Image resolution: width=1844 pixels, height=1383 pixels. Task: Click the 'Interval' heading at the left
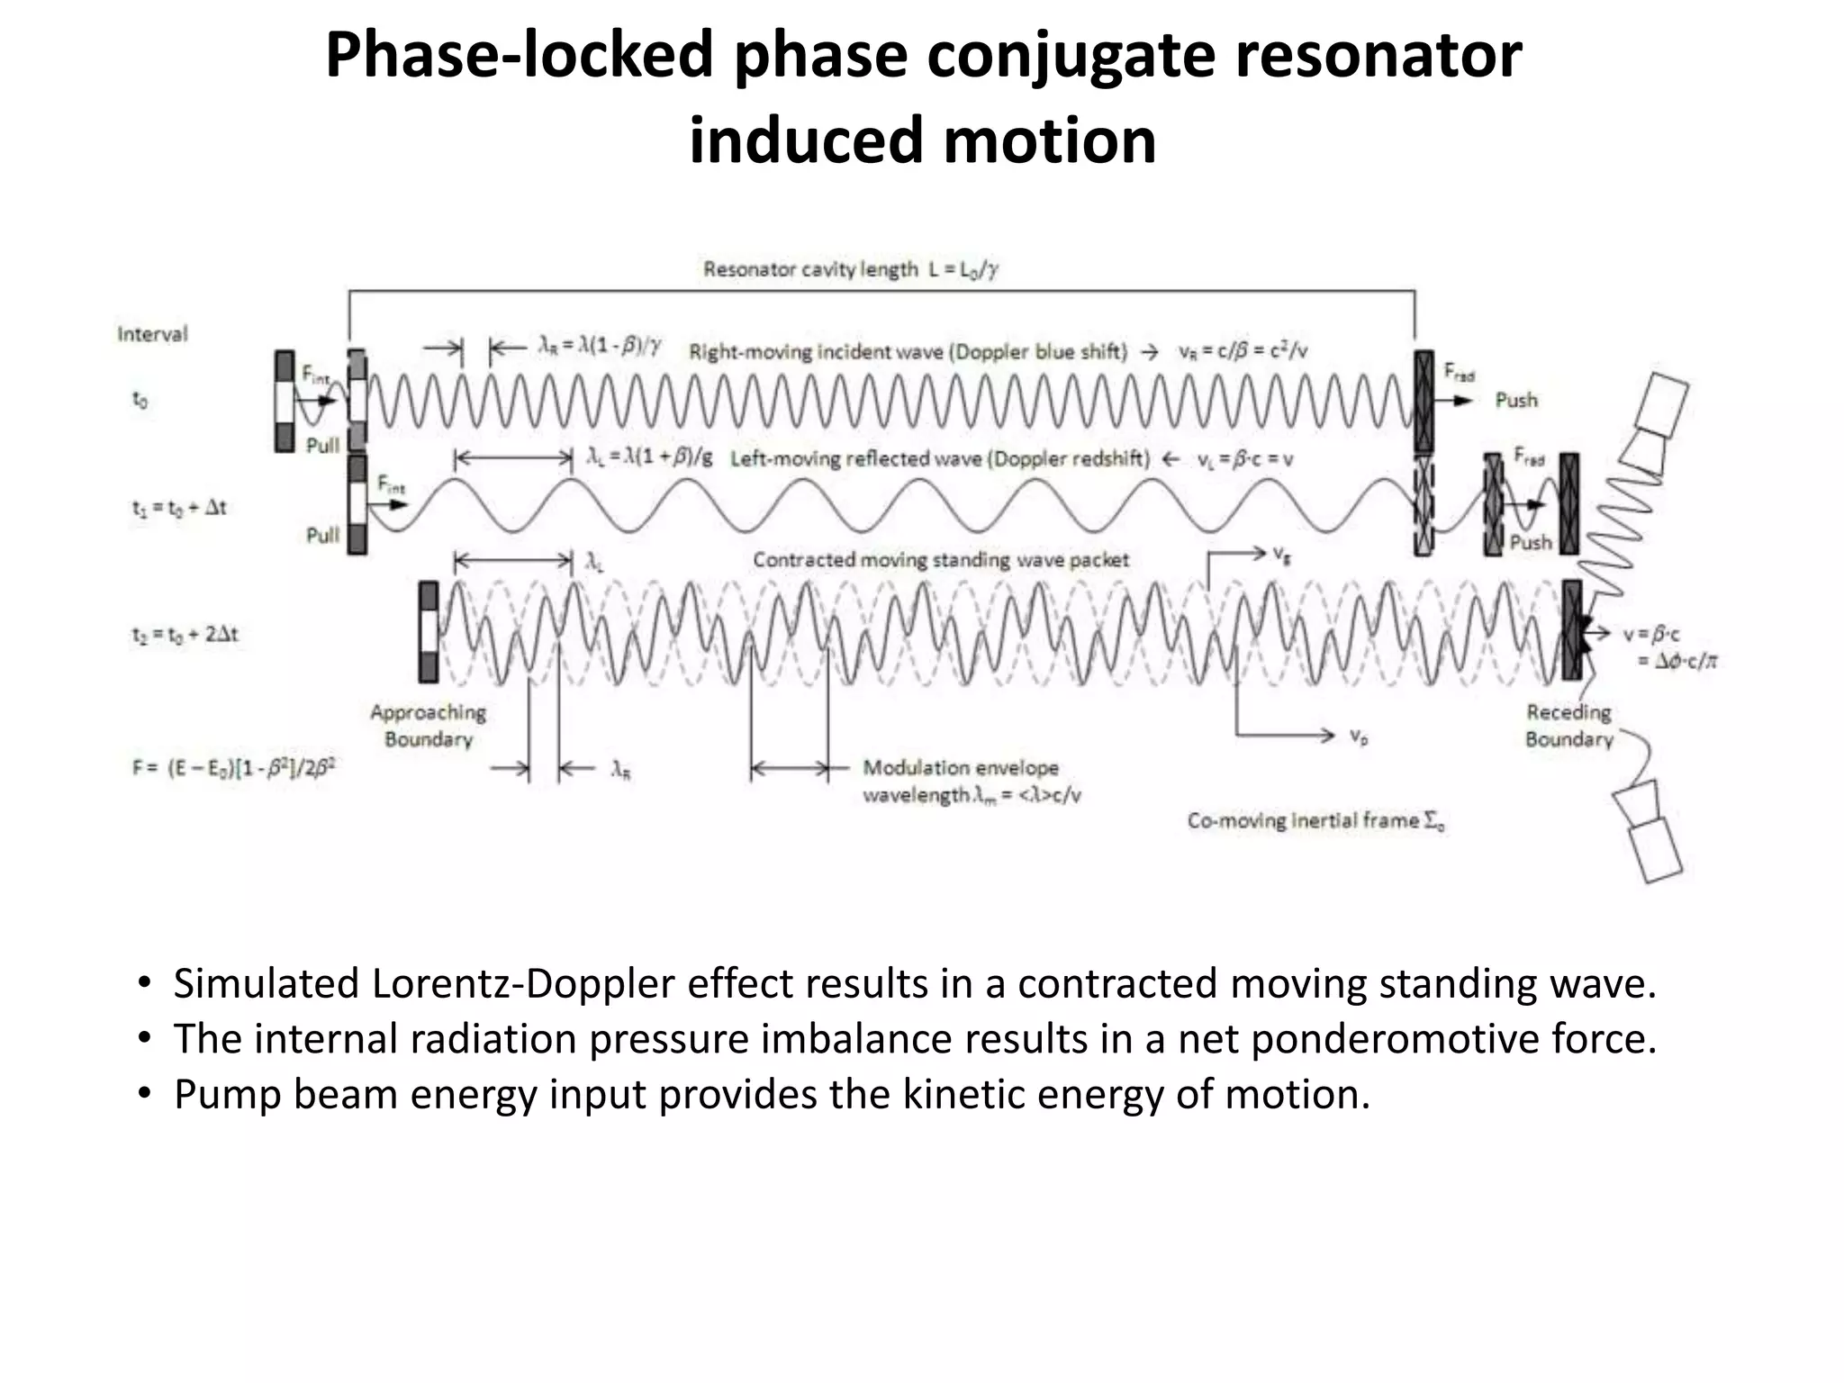point(152,334)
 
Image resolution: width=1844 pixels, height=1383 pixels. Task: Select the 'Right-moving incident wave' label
point(908,351)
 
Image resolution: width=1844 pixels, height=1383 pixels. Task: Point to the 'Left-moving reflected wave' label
point(939,459)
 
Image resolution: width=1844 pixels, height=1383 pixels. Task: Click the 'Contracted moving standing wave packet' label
point(940,560)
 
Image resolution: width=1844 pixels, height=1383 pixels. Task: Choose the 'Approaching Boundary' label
point(429,726)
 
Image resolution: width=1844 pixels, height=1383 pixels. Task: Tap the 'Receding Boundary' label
point(1568,726)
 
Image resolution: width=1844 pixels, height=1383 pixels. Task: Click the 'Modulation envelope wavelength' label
point(971,782)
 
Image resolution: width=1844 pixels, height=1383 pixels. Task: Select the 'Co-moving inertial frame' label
point(1315,821)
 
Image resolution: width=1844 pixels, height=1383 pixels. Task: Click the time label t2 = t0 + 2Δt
point(185,635)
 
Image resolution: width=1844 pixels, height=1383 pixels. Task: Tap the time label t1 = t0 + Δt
point(179,508)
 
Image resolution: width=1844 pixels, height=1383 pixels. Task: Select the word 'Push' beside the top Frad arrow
point(1516,400)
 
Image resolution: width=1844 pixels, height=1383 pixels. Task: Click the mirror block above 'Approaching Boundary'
point(429,631)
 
